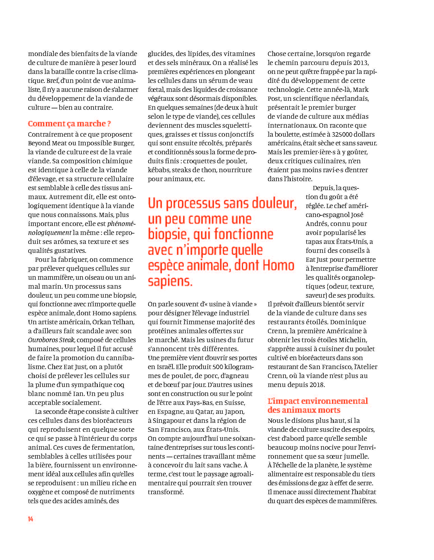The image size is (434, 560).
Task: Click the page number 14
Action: [x=31, y=519]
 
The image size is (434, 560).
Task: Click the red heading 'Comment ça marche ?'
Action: [x=69, y=123]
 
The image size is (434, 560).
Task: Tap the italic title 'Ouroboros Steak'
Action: [x=51, y=340]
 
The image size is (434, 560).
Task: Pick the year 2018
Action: [x=316, y=385]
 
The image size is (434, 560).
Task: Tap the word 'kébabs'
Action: [x=158, y=170]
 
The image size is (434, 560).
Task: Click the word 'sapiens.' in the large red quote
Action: [x=170, y=281]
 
